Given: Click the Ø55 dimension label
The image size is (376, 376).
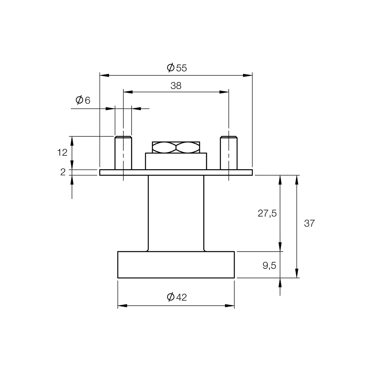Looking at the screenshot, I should (177, 68).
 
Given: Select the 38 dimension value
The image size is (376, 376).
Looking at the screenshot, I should (176, 86).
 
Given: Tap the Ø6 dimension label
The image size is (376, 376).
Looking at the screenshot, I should (83, 100).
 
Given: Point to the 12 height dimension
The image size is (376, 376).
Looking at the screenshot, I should (62, 152).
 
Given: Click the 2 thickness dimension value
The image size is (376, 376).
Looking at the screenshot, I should (63, 172).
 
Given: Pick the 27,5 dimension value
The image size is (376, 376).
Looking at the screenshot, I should (267, 213).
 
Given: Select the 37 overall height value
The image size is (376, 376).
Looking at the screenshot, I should (309, 224).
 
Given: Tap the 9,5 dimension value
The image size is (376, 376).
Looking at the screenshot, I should (269, 266).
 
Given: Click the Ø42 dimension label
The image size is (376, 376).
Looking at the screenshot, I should (177, 297).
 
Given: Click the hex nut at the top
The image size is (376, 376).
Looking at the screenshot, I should (176, 147).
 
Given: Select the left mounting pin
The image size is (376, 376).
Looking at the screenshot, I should (123, 153).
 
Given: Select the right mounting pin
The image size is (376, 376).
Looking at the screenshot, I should (229, 153).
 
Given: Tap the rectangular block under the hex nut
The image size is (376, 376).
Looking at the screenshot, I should (176, 161).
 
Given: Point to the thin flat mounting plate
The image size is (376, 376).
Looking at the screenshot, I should (176, 172).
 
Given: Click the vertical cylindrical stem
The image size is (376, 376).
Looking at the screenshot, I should (176, 213).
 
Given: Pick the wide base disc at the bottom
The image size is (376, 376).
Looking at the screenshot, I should (176, 265).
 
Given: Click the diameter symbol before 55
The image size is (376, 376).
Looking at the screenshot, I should (171, 68).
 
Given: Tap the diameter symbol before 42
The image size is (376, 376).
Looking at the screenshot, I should (171, 297).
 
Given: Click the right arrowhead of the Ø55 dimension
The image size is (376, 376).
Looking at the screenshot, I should (248, 75).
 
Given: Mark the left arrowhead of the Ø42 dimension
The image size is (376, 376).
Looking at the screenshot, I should (122, 306).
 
